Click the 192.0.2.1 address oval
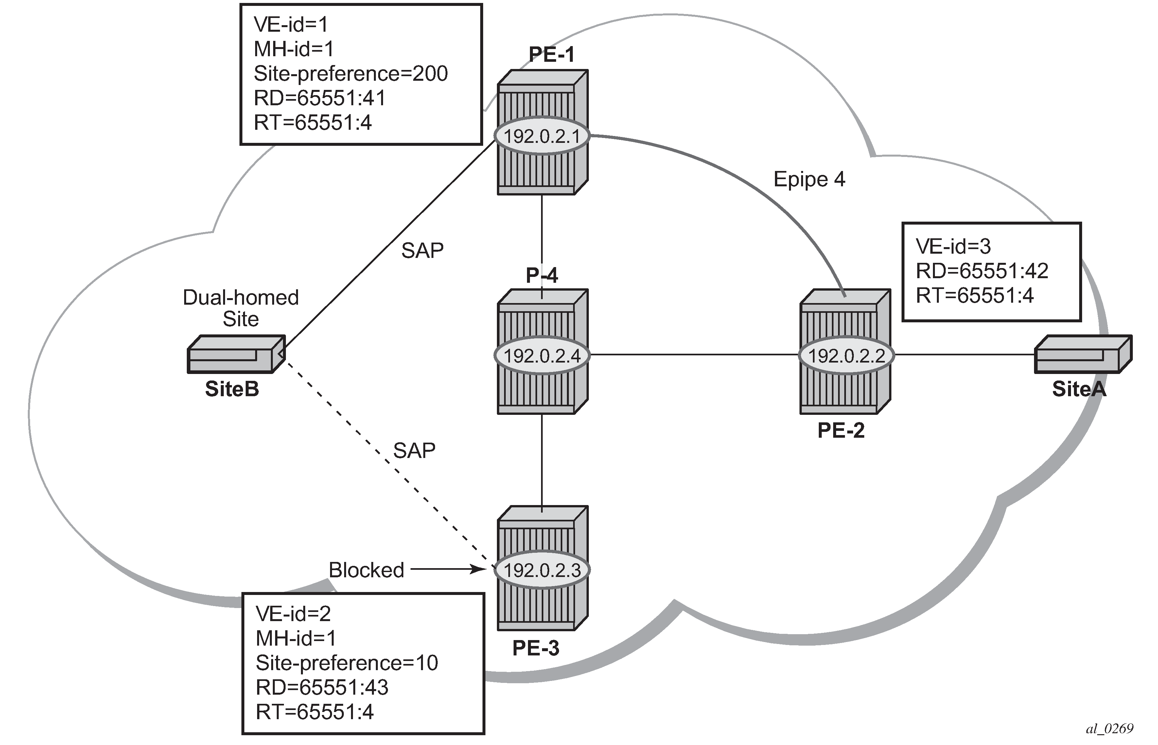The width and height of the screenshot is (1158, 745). click(542, 136)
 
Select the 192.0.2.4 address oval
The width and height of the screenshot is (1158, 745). click(542, 356)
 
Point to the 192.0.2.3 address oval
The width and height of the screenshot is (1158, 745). click(542, 570)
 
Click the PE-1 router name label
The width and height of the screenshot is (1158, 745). click(552, 54)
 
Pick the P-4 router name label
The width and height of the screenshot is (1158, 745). click(542, 275)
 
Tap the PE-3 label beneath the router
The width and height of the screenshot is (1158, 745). click(536, 648)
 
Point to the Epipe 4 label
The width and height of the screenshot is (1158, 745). click(809, 179)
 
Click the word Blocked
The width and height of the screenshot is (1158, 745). click(366, 570)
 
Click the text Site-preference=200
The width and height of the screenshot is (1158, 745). click(350, 74)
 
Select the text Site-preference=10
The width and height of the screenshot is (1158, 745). click(347, 663)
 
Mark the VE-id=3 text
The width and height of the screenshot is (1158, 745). click(953, 246)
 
